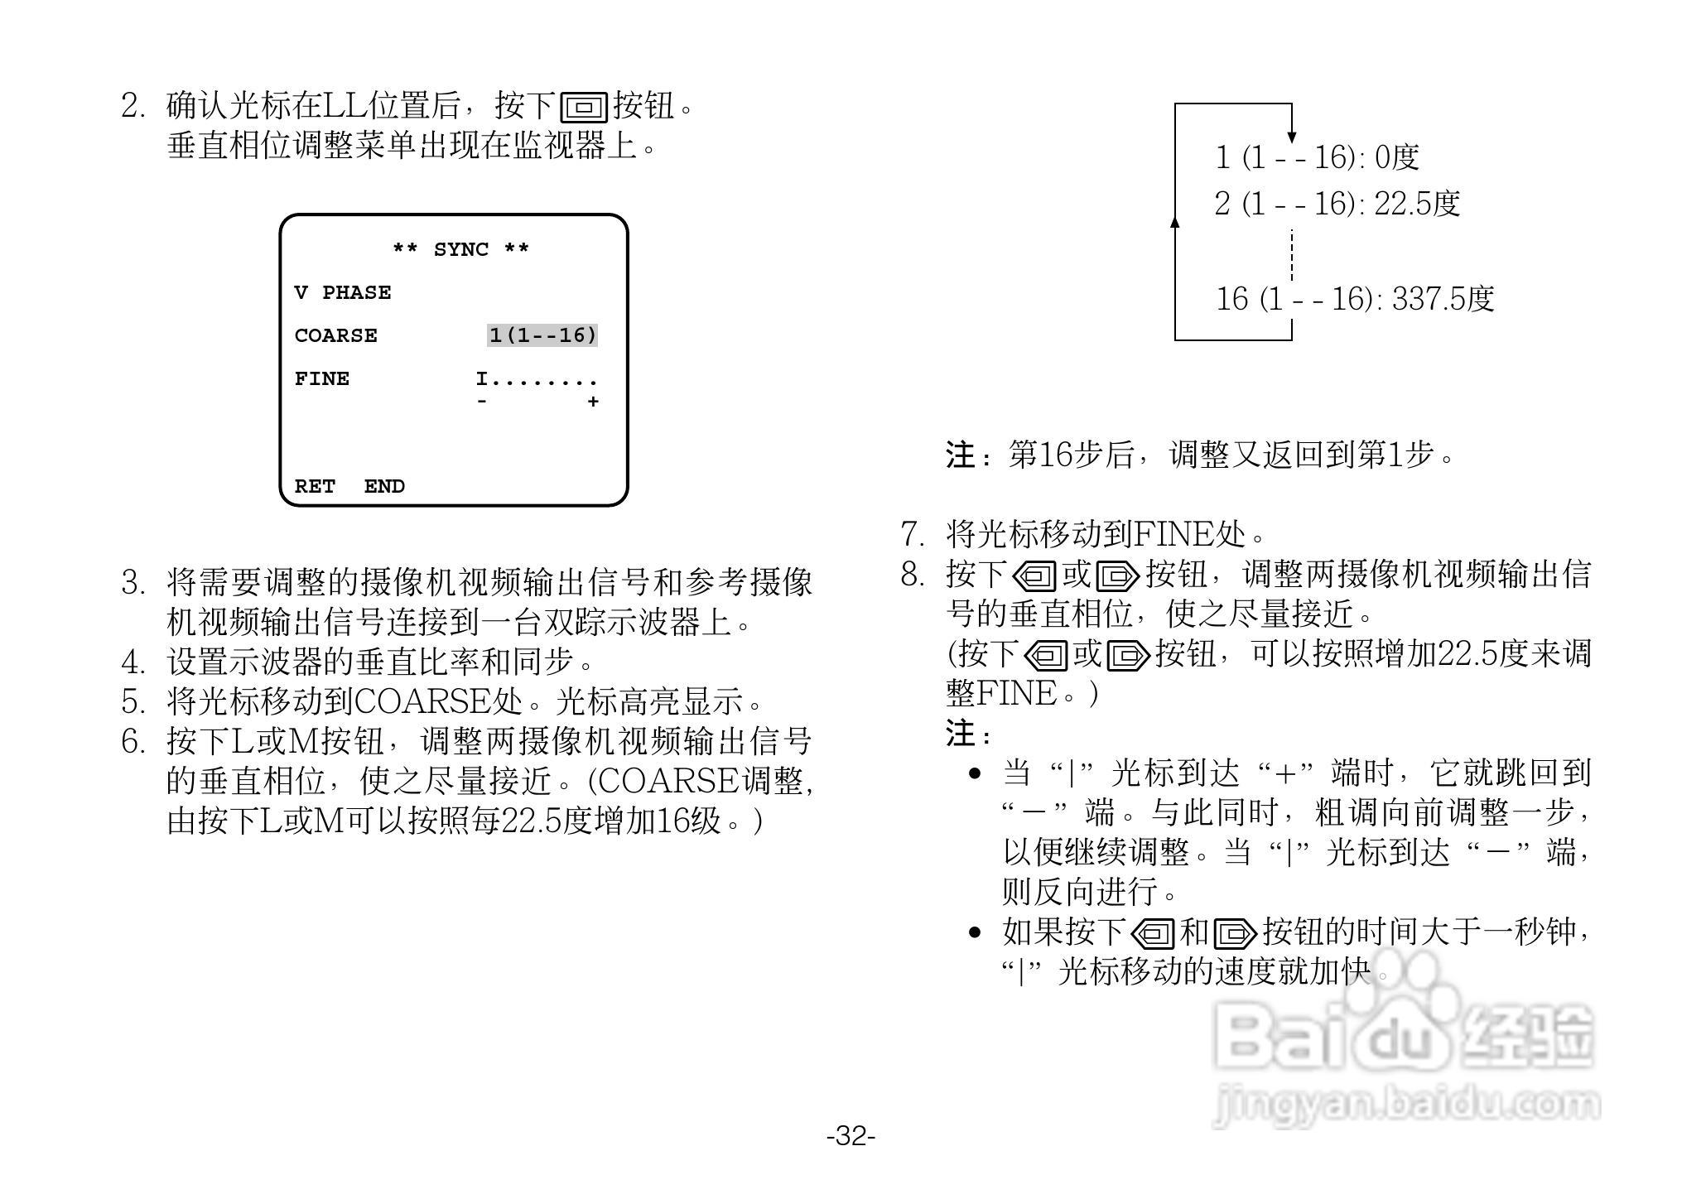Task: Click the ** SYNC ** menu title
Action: pyautogui.click(x=460, y=249)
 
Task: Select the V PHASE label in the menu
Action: pyautogui.click(x=343, y=292)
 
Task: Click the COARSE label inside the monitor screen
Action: pyautogui.click(x=335, y=335)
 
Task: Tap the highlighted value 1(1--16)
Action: pyautogui.click(x=542, y=335)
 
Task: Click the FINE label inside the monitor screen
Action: pyautogui.click(x=321, y=378)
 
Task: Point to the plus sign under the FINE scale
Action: pyautogui.click(x=593, y=402)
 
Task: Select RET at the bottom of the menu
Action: pyautogui.click(x=315, y=486)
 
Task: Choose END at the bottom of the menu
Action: pyautogui.click(x=384, y=486)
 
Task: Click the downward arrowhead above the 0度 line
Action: pyautogui.click(x=1292, y=137)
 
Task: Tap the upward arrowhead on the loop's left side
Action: pyautogui.click(x=1175, y=221)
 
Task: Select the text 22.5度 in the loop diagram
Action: pyautogui.click(x=1417, y=204)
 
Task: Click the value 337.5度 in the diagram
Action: pyautogui.click(x=1443, y=299)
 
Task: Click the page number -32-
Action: pyautogui.click(x=851, y=1135)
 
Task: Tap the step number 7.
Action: pyautogui.click(x=912, y=534)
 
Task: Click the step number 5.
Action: pyautogui.click(x=133, y=701)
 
